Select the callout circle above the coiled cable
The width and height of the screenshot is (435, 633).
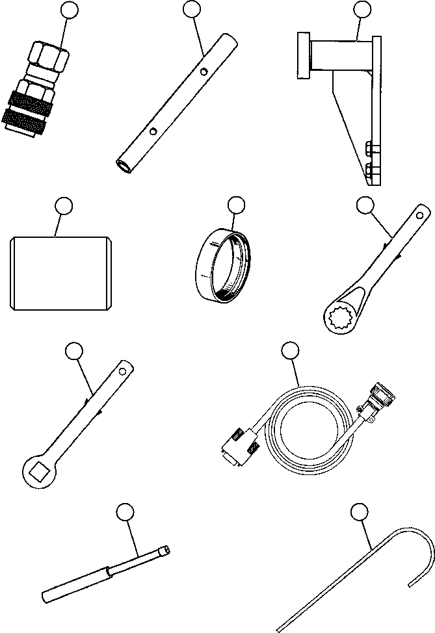289,351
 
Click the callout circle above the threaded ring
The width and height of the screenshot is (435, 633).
236,206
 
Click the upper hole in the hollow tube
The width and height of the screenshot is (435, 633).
205,72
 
